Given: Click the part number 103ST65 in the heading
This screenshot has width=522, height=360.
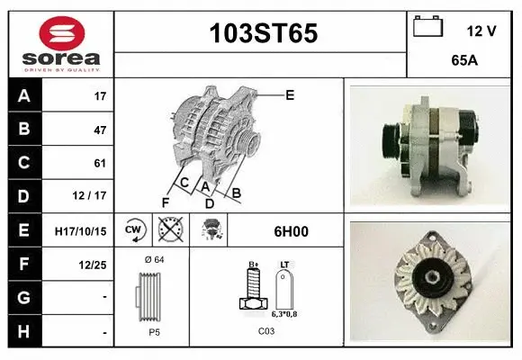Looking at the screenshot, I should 263,34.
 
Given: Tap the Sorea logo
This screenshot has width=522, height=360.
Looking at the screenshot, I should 60,42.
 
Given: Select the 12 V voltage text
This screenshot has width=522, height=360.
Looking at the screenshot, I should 481,31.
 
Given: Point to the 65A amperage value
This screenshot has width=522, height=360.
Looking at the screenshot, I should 463,62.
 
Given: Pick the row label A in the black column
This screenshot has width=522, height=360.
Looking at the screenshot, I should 24,95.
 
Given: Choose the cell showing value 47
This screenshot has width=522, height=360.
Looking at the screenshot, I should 99,130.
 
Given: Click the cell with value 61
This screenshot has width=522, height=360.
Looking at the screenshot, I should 99,163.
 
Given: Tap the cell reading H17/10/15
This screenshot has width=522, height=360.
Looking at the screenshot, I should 80,230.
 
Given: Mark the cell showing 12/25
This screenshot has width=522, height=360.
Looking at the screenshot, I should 94,264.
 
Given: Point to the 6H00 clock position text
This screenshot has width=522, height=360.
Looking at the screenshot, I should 292,231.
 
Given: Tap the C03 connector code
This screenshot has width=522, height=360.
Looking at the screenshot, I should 266,332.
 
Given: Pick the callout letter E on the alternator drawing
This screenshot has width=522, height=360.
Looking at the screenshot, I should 290,94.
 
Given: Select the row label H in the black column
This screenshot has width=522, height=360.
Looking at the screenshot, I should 24,331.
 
